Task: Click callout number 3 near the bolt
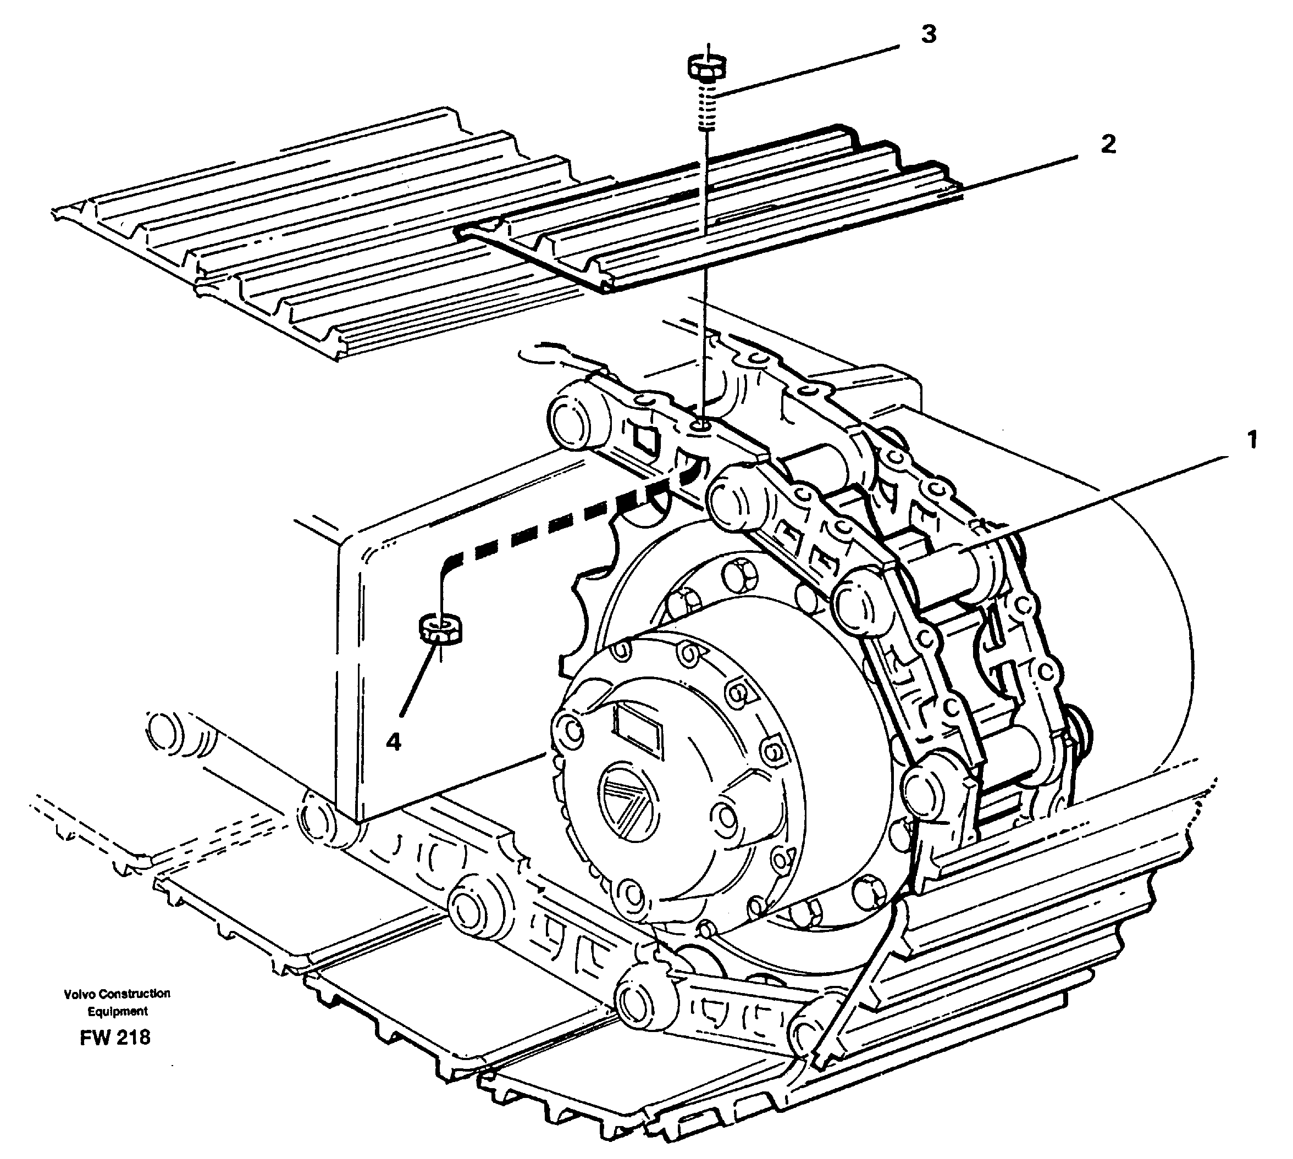[929, 35]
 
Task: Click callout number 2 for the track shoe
[1108, 145]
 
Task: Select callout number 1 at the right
[1252, 440]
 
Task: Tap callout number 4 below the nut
[394, 741]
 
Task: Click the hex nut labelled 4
[440, 629]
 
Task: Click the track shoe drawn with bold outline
[700, 229]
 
